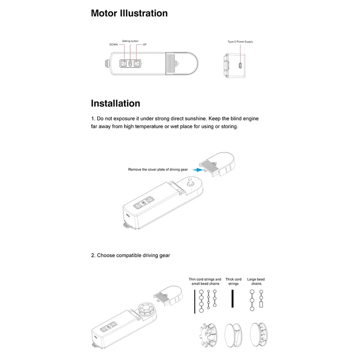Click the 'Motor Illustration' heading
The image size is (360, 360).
click(129, 13)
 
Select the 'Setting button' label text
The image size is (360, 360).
click(130, 41)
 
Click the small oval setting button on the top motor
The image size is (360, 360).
click(130, 64)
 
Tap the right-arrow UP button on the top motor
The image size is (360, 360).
click(137, 64)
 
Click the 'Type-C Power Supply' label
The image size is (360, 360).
click(240, 41)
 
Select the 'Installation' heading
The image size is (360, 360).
click(115, 103)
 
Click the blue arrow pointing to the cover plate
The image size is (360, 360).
click(195, 170)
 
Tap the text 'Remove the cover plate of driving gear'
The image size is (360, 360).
click(158, 170)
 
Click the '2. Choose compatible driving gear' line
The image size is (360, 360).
click(130, 255)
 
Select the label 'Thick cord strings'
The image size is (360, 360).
click(234, 282)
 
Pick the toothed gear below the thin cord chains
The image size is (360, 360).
click(208, 335)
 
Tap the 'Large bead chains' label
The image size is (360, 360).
click(256, 282)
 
